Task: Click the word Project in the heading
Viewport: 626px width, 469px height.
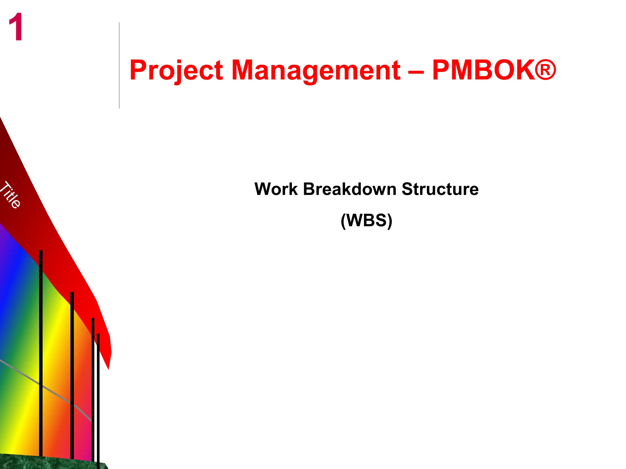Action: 176,71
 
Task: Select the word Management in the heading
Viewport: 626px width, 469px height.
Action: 316,71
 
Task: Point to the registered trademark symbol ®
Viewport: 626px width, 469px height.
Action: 545,70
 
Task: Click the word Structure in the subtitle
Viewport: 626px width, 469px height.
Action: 440,189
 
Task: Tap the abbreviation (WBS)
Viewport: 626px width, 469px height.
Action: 366,220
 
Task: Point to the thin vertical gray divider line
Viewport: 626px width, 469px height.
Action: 119,65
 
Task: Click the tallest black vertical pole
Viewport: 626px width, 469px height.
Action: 41,351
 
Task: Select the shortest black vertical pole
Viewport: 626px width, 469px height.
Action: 98,397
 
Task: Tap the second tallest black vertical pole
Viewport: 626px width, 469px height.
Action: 72,373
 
